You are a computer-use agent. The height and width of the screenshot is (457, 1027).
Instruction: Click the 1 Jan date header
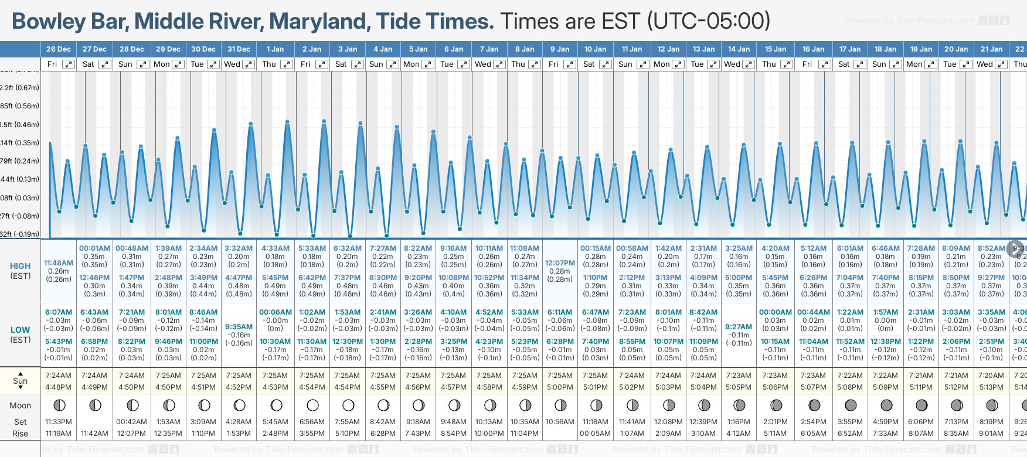coord(275,49)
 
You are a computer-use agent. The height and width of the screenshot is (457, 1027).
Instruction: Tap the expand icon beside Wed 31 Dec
coord(249,64)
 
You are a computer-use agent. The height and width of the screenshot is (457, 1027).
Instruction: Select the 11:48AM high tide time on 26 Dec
coord(59,263)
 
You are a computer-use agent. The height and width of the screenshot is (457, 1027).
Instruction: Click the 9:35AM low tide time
coord(239,327)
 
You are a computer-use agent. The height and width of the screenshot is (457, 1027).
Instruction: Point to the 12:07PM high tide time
coord(560,263)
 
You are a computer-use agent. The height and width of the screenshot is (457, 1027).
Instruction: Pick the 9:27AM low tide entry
coord(739,327)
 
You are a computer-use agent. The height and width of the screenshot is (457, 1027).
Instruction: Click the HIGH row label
coord(21,266)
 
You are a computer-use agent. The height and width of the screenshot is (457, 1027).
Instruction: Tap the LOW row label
coord(20,330)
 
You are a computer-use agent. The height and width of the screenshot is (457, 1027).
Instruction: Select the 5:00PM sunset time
coord(560,387)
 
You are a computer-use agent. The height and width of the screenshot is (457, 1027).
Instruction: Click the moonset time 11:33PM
coord(59,422)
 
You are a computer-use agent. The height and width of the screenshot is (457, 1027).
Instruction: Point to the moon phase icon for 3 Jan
coord(348,405)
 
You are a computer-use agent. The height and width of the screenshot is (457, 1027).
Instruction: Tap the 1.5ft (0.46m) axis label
coord(19,124)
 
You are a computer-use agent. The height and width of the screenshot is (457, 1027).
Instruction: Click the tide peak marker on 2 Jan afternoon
coord(324,121)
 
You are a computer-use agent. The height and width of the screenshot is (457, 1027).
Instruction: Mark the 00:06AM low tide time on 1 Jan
coord(275,312)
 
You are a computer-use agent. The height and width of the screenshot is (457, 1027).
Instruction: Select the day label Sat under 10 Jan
coord(589,64)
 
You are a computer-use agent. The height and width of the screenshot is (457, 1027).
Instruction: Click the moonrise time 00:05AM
coord(595,434)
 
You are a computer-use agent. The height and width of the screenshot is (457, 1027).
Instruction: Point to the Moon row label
coord(20,405)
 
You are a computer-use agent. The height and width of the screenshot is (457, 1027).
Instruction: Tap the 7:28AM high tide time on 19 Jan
coord(921,248)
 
